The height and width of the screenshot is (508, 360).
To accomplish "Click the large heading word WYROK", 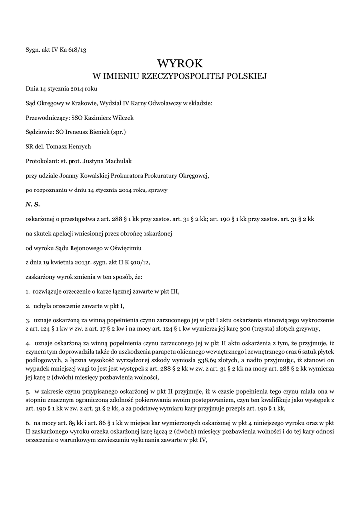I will point(180,63).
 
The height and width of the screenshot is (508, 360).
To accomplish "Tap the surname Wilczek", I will point(122,118).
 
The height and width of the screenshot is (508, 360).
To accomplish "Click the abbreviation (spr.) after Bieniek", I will point(118,132).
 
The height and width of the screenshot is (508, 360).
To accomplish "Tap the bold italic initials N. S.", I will point(33,204).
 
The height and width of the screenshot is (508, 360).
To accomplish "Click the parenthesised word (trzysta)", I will point(273,328).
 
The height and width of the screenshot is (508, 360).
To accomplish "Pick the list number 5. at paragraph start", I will point(28,392).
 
